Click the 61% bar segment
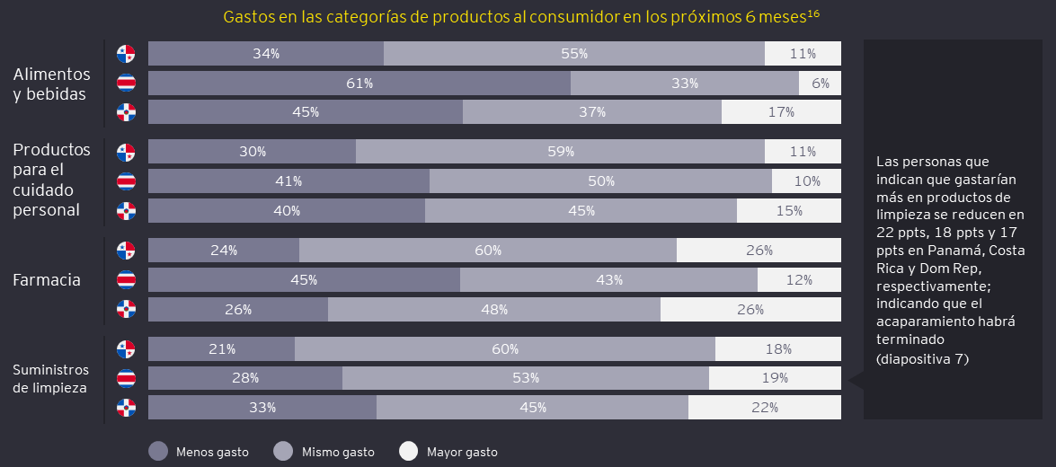[x=359, y=84]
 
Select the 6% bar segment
[x=820, y=84]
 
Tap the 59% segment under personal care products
[x=560, y=152]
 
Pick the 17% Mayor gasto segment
[x=781, y=112]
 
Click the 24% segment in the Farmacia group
[x=224, y=251]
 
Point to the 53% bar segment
[x=526, y=378]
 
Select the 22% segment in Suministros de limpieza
[x=765, y=408]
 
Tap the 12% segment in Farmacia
[x=799, y=280]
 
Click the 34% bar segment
[x=266, y=54]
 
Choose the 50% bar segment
[x=600, y=181]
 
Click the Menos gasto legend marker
[x=158, y=452]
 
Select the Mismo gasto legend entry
[x=283, y=452]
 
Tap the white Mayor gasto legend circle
[x=408, y=452]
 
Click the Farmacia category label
[x=47, y=280]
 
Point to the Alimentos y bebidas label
[x=52, y=84]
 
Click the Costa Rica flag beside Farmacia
[x=126, y=280]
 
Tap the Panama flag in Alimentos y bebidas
[x=126, y=54]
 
